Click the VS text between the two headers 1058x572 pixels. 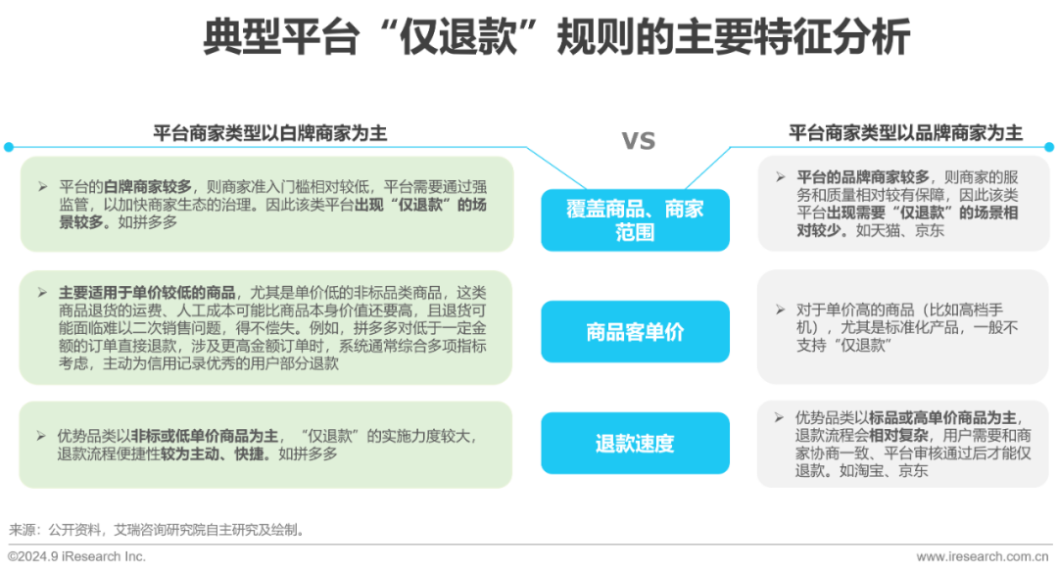coord(639,142)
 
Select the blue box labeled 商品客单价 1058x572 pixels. coord(635,332)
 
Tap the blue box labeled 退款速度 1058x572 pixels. coord(635,444)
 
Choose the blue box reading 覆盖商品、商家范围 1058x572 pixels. coord(635,220)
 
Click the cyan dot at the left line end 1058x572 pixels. coord(9,147)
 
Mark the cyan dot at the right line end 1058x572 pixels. coord(1049,147)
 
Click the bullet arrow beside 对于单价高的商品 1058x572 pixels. coord(780,310)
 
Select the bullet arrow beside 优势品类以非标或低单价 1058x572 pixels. coord(41,436)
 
